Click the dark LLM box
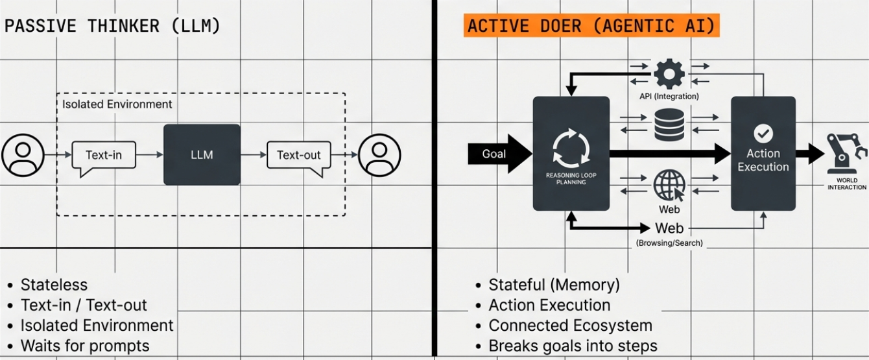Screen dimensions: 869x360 202,154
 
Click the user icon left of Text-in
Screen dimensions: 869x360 23,155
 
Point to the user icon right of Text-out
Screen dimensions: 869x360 379,155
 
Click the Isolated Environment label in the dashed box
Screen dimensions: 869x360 117,104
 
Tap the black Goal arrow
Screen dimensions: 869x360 499,154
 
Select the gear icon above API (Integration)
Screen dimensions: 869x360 669,74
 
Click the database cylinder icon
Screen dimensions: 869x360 669,125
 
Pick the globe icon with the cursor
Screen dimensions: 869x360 669,185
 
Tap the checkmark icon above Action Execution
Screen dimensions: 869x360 763,134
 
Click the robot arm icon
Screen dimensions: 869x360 846,153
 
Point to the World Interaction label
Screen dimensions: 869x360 847,184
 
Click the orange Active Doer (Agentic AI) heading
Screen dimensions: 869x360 591,25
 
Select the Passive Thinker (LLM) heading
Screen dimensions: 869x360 112,26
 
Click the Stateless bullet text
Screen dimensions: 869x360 54,285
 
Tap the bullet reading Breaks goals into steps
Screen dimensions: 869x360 573,346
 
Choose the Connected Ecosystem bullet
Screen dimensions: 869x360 570,326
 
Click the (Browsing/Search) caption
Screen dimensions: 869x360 669,243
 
